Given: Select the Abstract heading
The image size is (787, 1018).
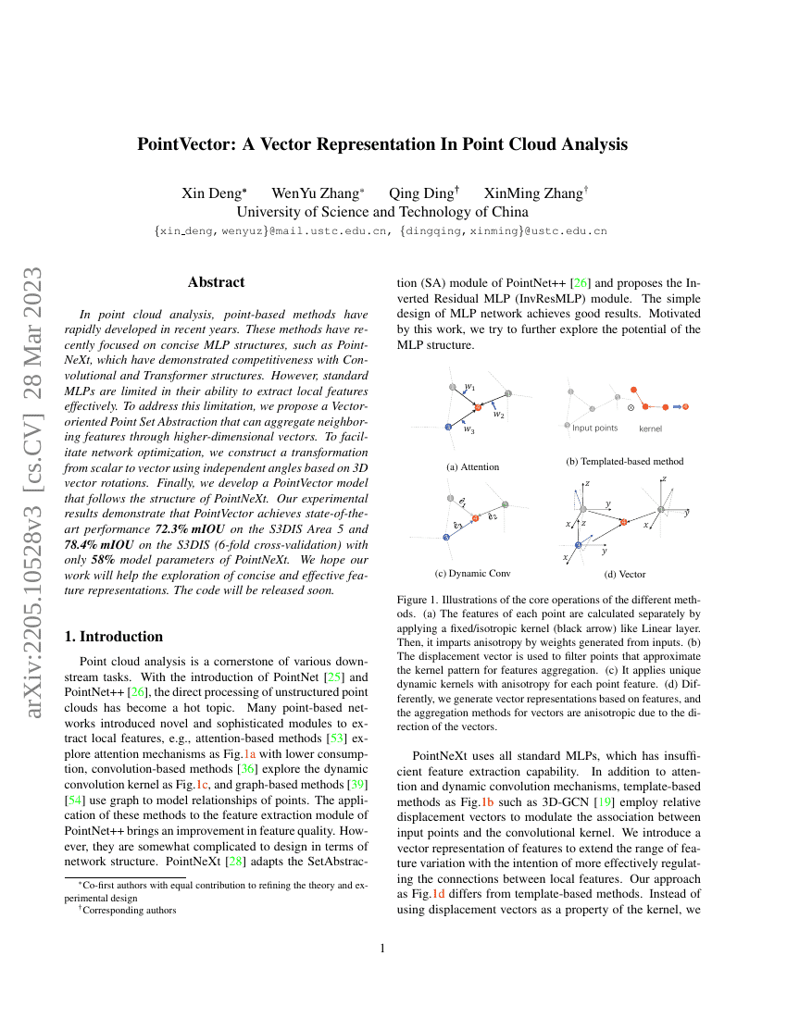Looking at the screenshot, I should point(216,282).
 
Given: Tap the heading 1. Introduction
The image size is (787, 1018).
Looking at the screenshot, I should point(111,637).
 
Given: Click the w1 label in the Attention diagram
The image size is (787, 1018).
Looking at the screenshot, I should point(470,387).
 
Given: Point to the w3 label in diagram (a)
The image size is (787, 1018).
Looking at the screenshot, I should point(469,430).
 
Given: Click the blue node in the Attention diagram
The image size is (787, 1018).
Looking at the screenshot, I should point(447,427).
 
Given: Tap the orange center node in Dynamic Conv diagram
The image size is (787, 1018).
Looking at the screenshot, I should point(476,517).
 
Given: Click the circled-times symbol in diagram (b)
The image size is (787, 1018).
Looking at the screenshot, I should point(631,406).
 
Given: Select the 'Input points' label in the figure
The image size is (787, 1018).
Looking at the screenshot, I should point(594,428).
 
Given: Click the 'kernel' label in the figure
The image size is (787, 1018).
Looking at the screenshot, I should point(651,428).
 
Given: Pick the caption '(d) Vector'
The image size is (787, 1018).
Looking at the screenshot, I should point(625,575).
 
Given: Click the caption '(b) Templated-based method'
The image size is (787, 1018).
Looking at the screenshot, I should point(624,461).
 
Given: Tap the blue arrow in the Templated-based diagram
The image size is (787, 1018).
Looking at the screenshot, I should point(676,406).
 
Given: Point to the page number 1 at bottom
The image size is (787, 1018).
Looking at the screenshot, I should point(393,948).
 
